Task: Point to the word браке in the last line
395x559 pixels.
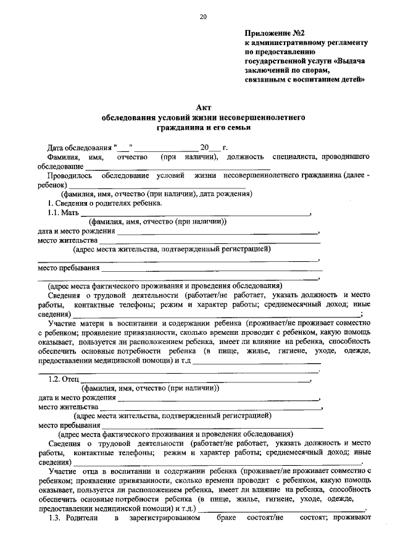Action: tap(228, 518)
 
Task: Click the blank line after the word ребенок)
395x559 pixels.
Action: tap(157, 185)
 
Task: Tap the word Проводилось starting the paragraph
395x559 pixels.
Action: tap(69, 175)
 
